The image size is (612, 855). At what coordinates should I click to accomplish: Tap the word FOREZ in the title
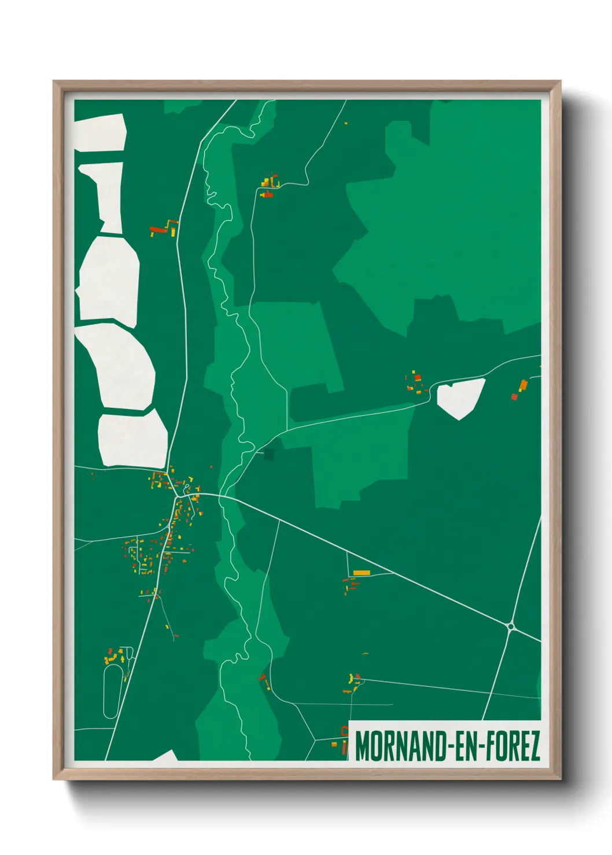511,746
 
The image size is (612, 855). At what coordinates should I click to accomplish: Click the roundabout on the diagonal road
511,626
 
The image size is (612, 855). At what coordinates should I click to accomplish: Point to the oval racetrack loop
110,691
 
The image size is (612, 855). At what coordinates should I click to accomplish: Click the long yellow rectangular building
362,573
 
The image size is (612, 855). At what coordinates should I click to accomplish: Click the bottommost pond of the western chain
132,439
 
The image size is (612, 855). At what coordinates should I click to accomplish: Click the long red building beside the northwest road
157,229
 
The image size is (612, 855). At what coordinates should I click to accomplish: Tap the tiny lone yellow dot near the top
346,123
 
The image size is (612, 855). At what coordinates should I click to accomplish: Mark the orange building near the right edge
523,385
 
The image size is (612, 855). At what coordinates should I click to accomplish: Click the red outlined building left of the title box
345,747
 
